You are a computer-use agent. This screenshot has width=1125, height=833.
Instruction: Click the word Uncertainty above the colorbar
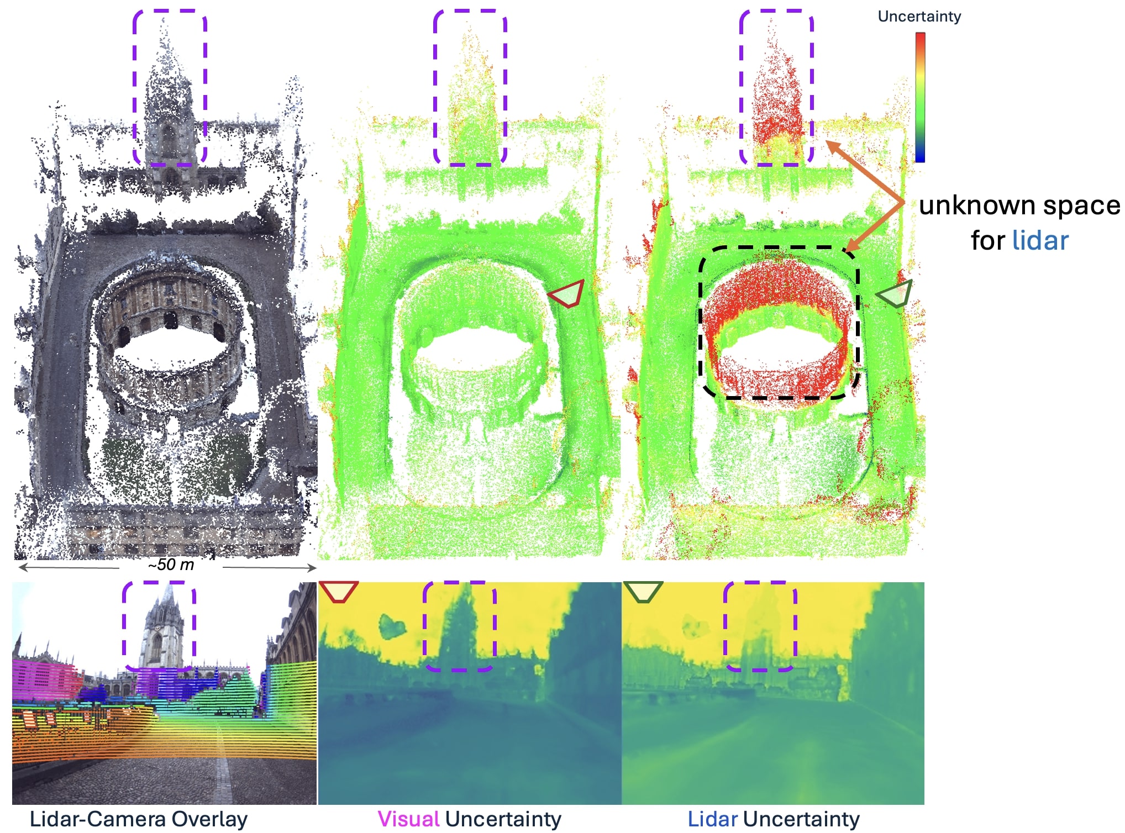(919, 17)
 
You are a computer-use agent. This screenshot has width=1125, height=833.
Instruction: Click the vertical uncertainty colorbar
(920, 97)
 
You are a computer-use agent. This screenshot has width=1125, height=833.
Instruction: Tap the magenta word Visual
(408, 819)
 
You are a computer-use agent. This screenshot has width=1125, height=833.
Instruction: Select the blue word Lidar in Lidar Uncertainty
(712, 819)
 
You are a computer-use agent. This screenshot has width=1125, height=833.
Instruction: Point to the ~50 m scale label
(171, 565)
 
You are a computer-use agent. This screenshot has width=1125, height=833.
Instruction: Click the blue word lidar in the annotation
(1040, 241)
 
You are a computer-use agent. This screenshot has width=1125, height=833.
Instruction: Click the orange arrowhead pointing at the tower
(832, 145)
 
